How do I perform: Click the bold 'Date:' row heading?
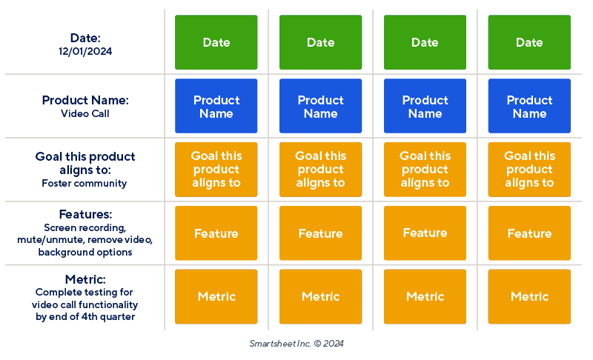(x=85, y=38)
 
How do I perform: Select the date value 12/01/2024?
(x=85, y=52)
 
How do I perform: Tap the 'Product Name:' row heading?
(x=85, y=100)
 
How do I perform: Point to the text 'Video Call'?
(x=85, y=114)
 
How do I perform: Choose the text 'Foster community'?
(x=85, y=183)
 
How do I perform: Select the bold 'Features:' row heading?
(x=85, y=214)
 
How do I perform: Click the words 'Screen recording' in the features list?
(x=84, y=227)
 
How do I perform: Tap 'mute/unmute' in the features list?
(x=47, y=240)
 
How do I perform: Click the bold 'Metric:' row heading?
(x=85, y=279)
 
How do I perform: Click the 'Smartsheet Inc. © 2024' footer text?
(x=296, y=344)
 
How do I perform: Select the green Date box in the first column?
(x=216, y=42)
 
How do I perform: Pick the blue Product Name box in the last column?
(x=529, y=107)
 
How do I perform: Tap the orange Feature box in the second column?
(x=320, y=233)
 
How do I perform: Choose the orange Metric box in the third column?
(x=425, y=296)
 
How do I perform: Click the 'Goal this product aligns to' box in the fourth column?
(x=529, y=170)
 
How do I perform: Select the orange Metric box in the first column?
(x=216, y=296)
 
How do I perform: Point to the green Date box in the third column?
(x=425, y=42)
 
